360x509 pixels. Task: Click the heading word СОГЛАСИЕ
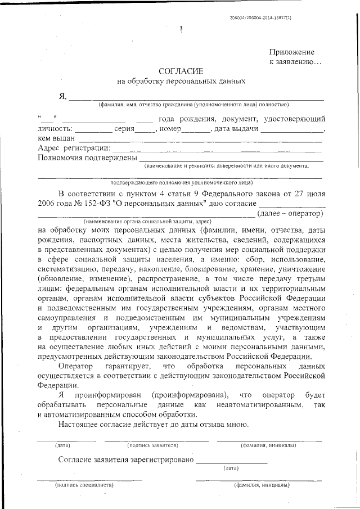pos(181,71)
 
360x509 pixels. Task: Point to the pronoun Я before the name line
pos(62,96)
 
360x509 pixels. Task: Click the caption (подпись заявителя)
pos(153,445)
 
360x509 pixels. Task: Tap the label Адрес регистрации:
pos(74,148)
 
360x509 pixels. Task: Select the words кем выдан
pos(56,138)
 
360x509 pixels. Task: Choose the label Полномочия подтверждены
pos(87,158)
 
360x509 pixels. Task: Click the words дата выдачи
pos(236,129)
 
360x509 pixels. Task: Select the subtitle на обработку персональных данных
pos(181,81)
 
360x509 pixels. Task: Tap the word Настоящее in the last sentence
pos(79,424)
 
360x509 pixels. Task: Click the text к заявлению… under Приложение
pos(296,61)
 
